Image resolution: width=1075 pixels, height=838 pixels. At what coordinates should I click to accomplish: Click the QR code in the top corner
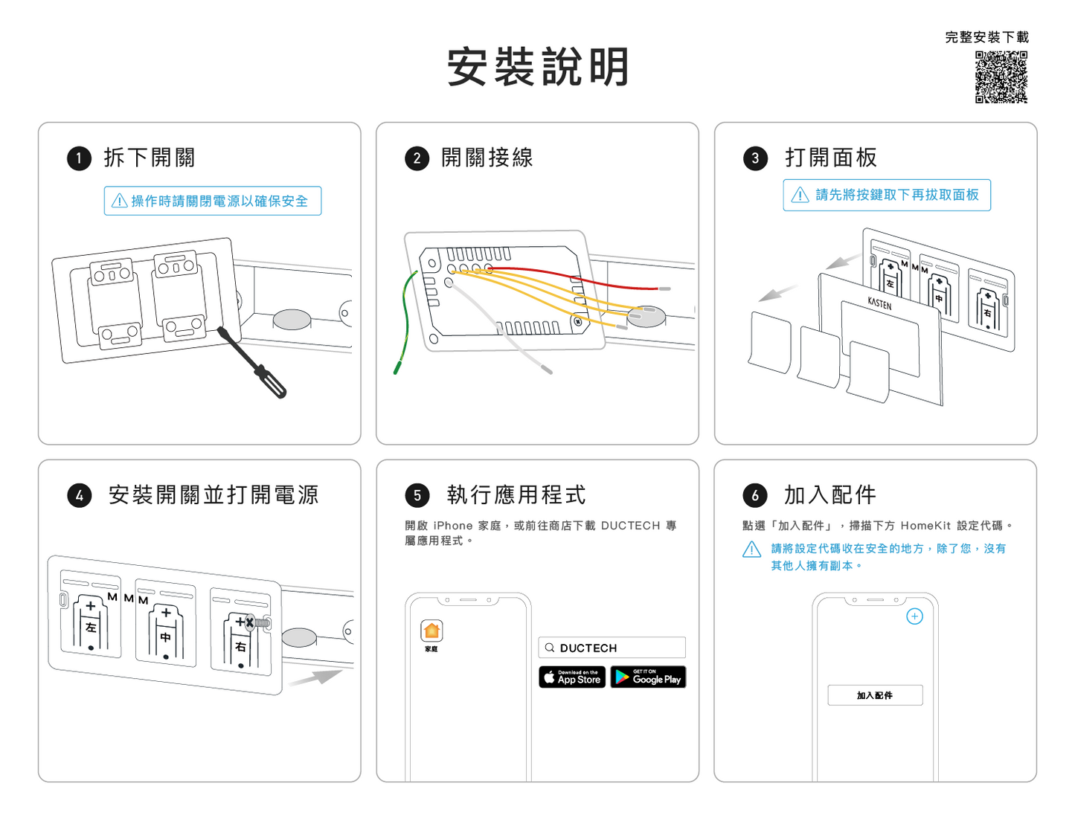(x=1001, y=77)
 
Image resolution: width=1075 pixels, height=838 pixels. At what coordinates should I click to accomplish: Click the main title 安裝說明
(x=538, y=67)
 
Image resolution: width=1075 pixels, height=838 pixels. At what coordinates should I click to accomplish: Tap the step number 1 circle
(x=79, y=158)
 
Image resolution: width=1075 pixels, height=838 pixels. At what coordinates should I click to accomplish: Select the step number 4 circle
(x=79, y=496)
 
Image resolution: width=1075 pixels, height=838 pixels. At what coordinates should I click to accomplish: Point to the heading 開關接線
(x=487, y=158)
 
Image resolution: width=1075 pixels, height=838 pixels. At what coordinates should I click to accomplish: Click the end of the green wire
(x=397, y=370)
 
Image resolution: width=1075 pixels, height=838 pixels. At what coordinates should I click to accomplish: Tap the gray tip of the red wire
(x=664, y=289)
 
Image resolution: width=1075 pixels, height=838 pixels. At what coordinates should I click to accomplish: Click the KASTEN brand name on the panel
(x=879, y=303)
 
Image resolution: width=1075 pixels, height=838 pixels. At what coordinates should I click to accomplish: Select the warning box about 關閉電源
(x=213, y=201)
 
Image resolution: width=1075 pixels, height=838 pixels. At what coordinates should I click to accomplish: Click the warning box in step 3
(x=887, y=195)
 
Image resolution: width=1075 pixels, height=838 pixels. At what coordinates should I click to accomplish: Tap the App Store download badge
(x=572, y=677)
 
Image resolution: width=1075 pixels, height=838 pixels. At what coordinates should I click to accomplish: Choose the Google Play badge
(x=648, y=677)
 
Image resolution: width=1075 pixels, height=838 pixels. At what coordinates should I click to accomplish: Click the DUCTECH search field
(x=612, y=648)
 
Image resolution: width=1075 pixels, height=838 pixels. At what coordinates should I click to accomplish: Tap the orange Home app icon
(x=431, y=631)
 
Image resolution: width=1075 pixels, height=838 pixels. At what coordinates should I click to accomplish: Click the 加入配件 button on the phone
(x=875, y=695)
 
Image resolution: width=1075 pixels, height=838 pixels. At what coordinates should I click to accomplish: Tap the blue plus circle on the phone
(x=914, y=616)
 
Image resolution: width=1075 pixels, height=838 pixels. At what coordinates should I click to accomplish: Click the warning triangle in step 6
(x=752, y=549)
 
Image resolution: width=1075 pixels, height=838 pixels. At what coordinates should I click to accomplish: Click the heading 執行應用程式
(x=516, y=495)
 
